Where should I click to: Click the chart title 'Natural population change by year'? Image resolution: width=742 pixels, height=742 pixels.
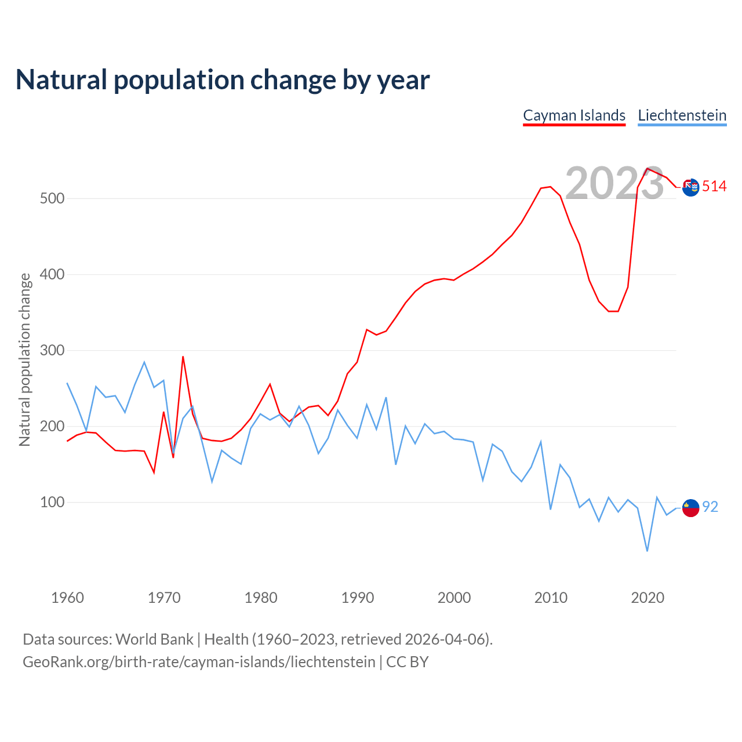223,80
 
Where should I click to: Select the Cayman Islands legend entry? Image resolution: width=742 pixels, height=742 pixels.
574,115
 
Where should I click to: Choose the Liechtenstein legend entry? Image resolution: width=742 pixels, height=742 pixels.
682,115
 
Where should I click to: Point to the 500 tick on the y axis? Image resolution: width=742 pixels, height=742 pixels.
52,198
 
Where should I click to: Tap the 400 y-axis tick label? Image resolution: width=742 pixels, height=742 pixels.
52,274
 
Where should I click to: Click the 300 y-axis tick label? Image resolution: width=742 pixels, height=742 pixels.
52,350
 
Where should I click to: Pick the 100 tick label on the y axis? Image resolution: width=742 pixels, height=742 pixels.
52,502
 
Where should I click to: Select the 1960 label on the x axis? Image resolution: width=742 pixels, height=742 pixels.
67,598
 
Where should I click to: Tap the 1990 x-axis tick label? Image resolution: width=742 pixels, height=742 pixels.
357,598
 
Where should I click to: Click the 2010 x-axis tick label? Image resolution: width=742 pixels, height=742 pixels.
551,598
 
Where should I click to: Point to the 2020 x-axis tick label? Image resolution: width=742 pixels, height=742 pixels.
647,598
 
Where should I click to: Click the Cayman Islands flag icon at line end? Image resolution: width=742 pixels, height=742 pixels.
690,187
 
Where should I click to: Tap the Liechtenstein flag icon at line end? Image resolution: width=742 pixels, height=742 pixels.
690,508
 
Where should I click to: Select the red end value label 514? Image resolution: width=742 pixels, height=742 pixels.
714,186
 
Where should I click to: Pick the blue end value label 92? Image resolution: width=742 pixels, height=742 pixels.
710,507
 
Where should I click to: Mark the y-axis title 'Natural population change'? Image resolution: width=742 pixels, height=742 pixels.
24,360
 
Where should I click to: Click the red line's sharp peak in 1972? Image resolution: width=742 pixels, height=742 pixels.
183,357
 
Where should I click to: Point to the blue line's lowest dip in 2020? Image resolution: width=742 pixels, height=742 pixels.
647,551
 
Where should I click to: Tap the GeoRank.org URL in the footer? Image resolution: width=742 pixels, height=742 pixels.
199,662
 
